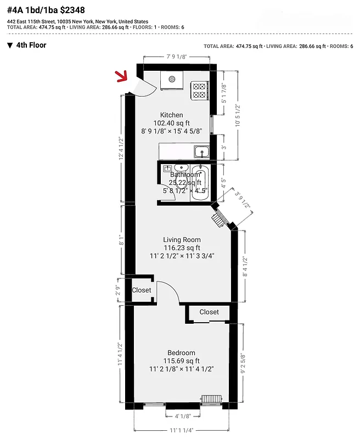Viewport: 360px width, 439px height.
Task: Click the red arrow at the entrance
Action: (121, 77)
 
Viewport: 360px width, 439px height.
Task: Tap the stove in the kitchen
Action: (199, 89)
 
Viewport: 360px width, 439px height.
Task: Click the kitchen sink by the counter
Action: (201, 151)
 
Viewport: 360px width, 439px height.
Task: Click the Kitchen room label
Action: (171, 115)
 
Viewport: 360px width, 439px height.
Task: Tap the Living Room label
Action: (182, 240)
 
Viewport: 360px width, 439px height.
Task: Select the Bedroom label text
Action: (182, 353)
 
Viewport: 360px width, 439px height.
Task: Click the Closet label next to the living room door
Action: (142, 290)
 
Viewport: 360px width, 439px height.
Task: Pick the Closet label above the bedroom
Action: (209, 312)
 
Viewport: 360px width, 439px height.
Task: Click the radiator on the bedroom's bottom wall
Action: (211, 399)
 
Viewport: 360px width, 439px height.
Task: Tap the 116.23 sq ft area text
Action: (182, 247)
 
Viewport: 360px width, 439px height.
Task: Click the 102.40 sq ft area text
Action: (171, 123)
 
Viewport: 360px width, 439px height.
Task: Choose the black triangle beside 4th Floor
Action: (10, 46)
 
